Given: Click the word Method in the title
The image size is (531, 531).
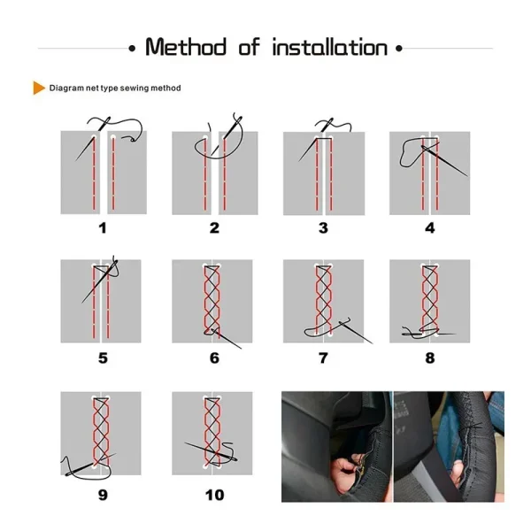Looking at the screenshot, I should pyautogui.click(x=186, y=47).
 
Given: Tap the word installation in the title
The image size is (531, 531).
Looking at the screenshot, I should pyautogui.click(x=330, y=47).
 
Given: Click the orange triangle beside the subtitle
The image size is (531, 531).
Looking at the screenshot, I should pyautogui.click(x=39, y=88).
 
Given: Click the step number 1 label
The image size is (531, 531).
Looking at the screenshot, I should pyautogui.click(x=103, y=228).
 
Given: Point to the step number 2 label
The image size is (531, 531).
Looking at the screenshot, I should pyautogui.click(x=214, y=228).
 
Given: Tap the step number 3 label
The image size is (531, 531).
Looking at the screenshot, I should pyautogui.click(x=323, y=228).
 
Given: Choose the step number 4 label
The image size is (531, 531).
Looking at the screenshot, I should pyautogui.click(x=430, y=228).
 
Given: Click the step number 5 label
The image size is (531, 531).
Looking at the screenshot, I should pyautogui.click(x=103, y=358).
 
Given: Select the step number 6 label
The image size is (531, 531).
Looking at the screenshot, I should pyautogui.click(x=214, y=358).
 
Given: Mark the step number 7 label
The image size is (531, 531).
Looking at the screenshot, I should pyautogui.click(x=323, y=358).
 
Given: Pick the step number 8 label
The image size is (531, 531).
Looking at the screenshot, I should pyautogui.click(x=430, y=358).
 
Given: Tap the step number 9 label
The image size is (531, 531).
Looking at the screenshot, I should pyautogui.click(x=103, y=494).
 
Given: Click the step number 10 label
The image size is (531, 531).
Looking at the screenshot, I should pyautogui.click(x=214, y=494).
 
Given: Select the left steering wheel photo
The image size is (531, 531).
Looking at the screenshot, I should pyautogui.click(x=335, y=447).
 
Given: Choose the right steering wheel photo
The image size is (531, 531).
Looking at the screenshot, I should pyautogui.click(x=448, y=447).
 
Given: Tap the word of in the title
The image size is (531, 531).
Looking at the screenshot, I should pyautogui.click(x=250, y=47).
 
